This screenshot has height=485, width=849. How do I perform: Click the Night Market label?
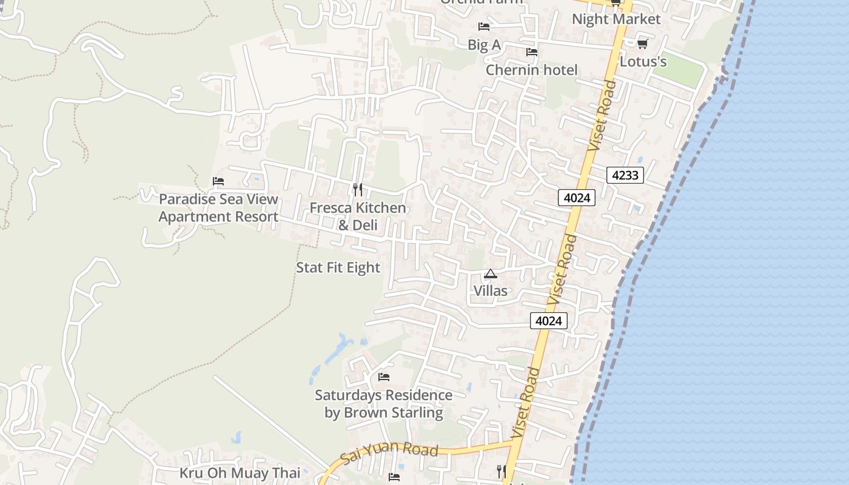(x=616, y=19)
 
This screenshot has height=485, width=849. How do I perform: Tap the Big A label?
(x=484, y=45)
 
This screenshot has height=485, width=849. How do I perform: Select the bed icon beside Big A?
(x=484, y=27)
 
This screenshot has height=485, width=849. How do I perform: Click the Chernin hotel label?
(x=532, y=70)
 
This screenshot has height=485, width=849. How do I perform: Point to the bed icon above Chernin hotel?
(x=532, y=52)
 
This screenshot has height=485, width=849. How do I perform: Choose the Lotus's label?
(x=643, y=62)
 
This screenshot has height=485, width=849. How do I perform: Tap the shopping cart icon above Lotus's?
(x=643, y=44)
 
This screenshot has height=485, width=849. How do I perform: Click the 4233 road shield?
(x=625, y=176)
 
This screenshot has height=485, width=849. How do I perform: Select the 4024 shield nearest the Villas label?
(x=549, y=321)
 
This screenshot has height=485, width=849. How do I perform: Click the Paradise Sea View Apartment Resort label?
(x=218, y=208)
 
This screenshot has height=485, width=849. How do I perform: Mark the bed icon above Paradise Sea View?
(x=218, y=181)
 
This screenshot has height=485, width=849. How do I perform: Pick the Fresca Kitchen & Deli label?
(x=358, y=216)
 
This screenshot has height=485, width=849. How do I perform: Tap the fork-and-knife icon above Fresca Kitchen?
(x=358, y=190)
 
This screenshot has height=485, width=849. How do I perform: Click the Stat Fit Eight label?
(x=338, y=268)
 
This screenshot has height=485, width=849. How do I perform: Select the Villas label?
(x=491, y=291)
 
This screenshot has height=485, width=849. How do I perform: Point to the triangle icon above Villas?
(x=491, y=273)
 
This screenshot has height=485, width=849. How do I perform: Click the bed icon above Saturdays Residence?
(x=384, y=377)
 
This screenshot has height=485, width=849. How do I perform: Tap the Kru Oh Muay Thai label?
(x=240, y=473)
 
